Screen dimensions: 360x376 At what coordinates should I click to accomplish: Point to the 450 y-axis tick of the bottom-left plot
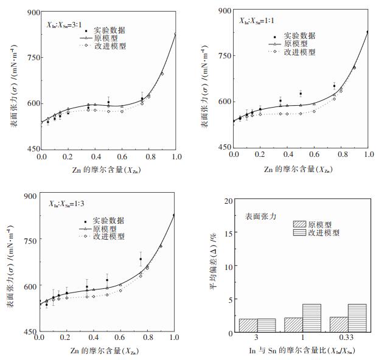coord(29,332)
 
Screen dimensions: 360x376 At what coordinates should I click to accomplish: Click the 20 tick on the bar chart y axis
coord(227,200)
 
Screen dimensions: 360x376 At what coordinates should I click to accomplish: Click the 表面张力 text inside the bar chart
coord(263,216)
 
